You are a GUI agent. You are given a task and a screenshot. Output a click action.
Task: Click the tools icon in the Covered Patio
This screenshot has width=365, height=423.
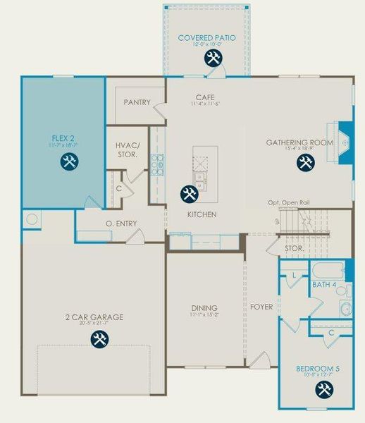212,59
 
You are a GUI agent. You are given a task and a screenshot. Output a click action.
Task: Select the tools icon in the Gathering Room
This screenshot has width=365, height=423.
305,163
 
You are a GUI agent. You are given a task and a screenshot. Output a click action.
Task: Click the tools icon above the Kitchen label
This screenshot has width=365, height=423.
188,193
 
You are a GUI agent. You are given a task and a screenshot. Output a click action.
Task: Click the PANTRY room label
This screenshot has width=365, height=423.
137,102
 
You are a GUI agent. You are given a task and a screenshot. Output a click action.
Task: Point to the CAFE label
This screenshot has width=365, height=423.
205,97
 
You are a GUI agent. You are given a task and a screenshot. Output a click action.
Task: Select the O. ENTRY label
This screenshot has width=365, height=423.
121,224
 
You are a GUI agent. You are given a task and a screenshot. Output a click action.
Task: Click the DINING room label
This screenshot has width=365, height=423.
204,308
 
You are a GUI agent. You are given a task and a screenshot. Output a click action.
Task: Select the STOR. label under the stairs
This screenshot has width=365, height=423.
293,249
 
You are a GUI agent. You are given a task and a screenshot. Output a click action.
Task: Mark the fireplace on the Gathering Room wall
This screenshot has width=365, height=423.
345,143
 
